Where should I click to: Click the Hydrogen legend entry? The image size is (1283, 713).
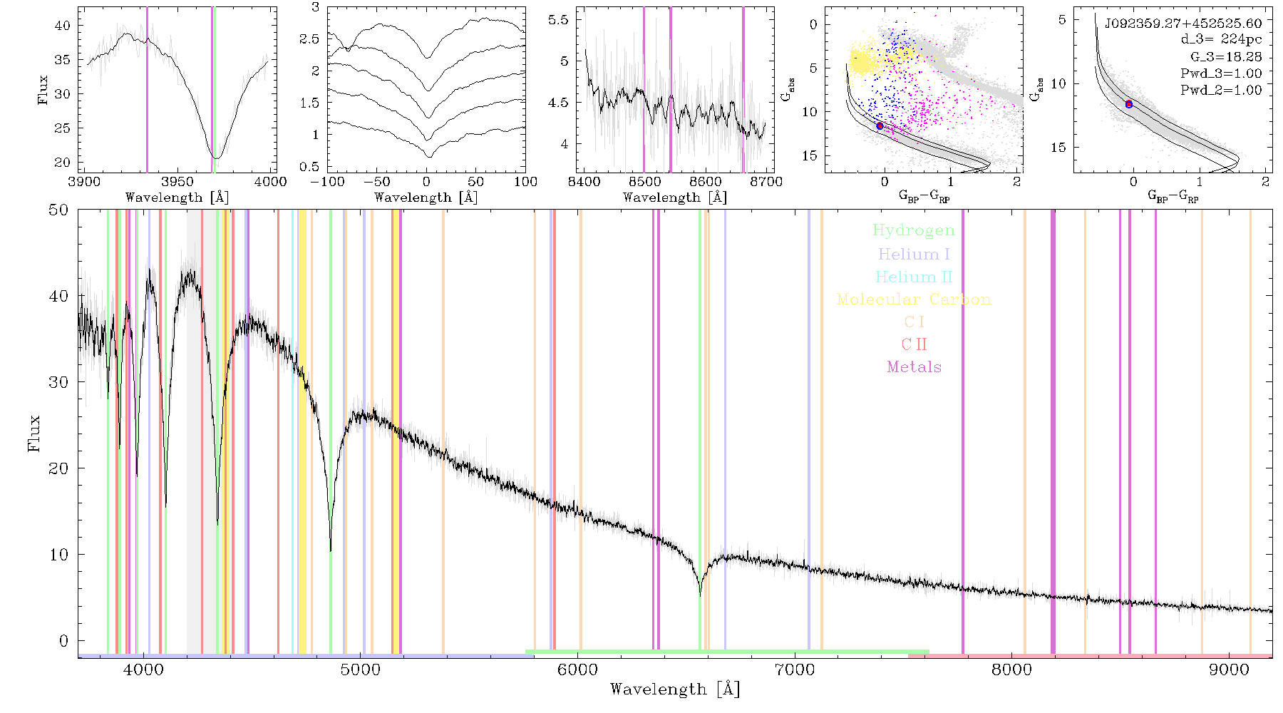point(913,230)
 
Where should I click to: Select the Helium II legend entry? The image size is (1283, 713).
point(913,277)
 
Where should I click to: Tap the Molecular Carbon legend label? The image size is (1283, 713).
point(914,299)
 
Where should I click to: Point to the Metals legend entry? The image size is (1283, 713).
point(914,367)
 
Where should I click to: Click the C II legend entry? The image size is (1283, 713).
point(914,344)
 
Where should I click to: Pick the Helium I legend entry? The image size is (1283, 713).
point(914,254)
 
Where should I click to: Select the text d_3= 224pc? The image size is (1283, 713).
point(1221,40)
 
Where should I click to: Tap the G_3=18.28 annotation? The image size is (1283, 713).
point(1226,56)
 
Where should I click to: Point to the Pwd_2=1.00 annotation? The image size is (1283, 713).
point(1221,90)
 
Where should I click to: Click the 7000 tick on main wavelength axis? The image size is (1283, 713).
point(794,670)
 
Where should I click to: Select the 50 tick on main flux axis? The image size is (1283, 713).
point(59,210)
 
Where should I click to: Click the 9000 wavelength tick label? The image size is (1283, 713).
point(1228,670)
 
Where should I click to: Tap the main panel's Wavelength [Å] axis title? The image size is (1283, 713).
point(675,689)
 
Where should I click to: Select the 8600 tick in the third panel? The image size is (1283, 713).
point(706,182)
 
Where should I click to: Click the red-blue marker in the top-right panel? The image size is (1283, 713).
point(1128,104)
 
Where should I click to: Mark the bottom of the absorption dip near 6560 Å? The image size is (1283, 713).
point(700,595)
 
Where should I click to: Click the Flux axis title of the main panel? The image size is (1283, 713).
point(34,434)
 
